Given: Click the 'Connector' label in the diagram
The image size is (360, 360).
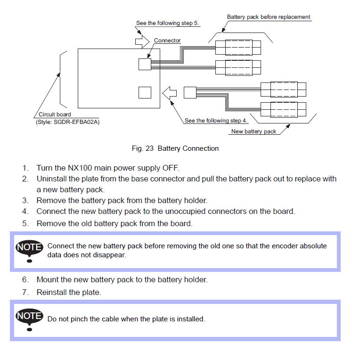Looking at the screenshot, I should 167,41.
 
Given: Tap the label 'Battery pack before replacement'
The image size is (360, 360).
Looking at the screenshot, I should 269,17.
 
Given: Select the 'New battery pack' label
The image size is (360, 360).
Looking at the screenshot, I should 254,131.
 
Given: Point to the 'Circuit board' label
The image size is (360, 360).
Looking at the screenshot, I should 55,115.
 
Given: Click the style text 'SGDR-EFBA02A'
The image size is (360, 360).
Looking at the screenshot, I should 79,122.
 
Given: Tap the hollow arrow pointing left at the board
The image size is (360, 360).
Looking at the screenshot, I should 169,92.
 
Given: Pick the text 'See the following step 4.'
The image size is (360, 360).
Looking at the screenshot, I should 216,121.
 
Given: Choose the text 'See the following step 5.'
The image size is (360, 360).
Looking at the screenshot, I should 167,23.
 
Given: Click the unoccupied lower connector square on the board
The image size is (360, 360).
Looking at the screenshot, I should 145,92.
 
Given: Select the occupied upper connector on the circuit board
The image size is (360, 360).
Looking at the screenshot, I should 145,64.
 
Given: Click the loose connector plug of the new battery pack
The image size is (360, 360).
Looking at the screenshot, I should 190,92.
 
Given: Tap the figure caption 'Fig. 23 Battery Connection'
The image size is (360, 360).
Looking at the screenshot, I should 175,148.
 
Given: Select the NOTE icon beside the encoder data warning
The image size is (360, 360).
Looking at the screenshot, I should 29,251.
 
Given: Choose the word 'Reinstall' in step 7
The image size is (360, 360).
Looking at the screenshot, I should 53,292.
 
